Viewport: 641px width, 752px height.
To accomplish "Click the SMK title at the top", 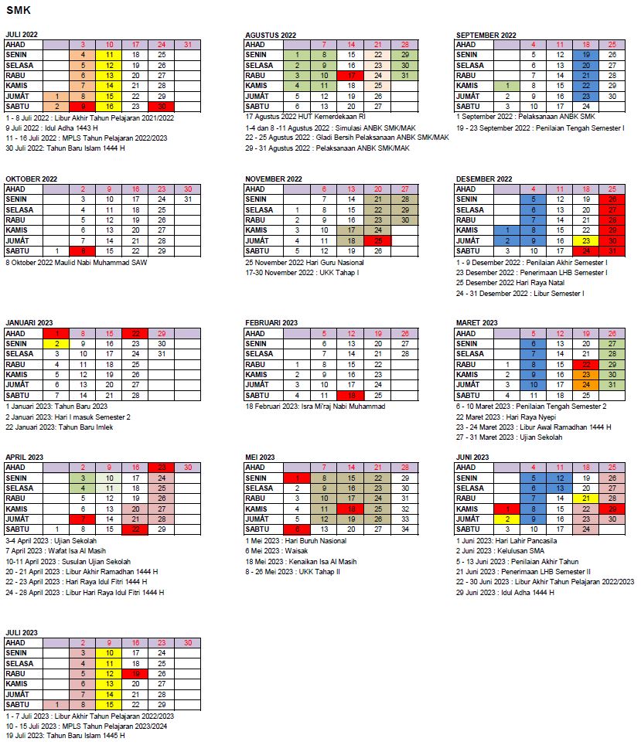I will point(16,9).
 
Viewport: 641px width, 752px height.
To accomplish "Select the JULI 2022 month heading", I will point(22,35).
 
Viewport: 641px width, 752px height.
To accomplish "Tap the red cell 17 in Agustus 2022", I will point(351,76).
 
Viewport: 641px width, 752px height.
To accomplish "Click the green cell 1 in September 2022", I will point(506,86).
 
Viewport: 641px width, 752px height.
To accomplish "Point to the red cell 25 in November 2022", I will point(377,240).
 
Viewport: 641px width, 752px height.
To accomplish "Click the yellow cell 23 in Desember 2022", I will point(586,240).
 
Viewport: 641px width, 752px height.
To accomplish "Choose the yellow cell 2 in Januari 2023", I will point(56,344).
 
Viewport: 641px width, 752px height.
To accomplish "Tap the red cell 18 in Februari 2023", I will point(351,395).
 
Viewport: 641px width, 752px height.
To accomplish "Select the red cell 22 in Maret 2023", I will point(586,364).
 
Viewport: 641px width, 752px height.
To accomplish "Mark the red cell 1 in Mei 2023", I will point(297,478).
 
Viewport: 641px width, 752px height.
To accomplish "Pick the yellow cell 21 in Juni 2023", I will point(586,498).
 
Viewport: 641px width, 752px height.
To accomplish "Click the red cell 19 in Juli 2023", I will point(135,674).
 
